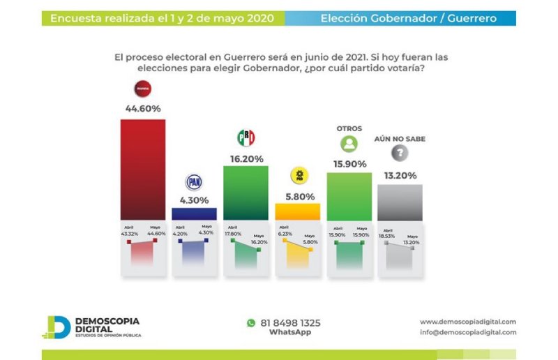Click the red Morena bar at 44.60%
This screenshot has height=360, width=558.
pyautogui.click(x=143, y=170)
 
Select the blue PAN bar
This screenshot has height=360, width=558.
pyautogui.click(x=194, y=213)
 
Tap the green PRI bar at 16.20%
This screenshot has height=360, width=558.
pyautogui.click(x=246, y=193)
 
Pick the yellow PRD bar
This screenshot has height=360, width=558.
pyautogui.click(x=297, y=211)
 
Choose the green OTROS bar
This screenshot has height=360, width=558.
pyautogui.click(x=349, y=196)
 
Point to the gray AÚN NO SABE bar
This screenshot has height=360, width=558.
pyautogui.click(x=400, y=202)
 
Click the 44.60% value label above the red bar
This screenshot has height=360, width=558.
pyautogui.click(x=143, y=108)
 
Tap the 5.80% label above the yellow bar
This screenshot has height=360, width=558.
pyautogui.click(x=299, y=196)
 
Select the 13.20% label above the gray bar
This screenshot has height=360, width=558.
pyautogui.click(x=400, y=174)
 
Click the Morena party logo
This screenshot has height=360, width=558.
pyautogui.click(x=142, y=89)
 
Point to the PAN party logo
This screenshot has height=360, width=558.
pyautogui.click(x=194, y=182)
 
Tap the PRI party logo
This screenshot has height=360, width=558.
pyautogui.click(x=246, y=137)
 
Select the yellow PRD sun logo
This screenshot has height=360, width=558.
pyautogui.click(x=299, y=176)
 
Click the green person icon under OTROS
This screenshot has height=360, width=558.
pyautogui.click(x=349, y=144)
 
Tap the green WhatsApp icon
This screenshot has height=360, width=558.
pyautogui.click(x=251, y=323)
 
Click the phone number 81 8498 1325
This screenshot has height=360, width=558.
pyautogui.click(x=290, y=323)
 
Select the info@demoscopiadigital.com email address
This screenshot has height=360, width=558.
pyautogui.click(x=468, y=332)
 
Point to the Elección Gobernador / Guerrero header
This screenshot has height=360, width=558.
pyautogui.click(x=408, y=18)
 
